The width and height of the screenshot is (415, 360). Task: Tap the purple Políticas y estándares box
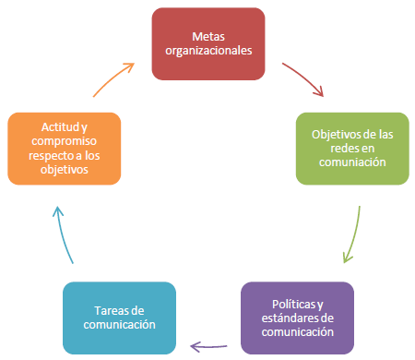297,318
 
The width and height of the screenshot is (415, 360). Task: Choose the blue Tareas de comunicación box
118,318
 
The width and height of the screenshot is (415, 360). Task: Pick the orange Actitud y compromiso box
64,148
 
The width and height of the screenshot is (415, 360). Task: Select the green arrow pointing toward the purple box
351,234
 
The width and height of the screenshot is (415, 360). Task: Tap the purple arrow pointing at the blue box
208,345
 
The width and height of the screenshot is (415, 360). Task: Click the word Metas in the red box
207,36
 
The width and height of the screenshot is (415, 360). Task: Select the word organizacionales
207,51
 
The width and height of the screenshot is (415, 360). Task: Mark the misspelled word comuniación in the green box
354,162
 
